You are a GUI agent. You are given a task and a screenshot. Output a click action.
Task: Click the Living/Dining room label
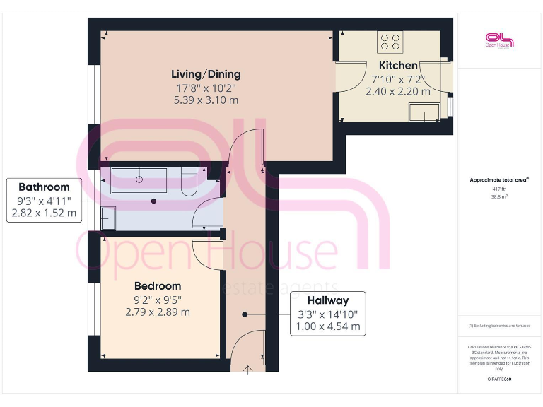(x=206, y=74)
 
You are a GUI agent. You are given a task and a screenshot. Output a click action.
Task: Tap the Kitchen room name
(x=398, y=66)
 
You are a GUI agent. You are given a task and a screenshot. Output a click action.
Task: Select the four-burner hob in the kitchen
(x=390, y=42)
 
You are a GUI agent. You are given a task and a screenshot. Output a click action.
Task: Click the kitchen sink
(x=425, y=111)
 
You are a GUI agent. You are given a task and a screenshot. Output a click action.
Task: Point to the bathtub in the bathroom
(x=139, y=180)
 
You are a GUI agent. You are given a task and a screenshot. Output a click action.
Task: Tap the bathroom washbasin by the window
(x=108, y=218)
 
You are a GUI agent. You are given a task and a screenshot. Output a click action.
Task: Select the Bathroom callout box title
(x=44, y=187)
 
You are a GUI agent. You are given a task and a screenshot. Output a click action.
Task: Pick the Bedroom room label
(x=158, y=286)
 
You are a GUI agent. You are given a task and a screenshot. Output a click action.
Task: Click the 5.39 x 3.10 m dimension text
(x=206, y=100)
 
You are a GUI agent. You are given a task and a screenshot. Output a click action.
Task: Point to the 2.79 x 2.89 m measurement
(x=158, y=312)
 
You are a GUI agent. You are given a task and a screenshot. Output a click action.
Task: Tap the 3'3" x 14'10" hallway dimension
(x=328, y=314)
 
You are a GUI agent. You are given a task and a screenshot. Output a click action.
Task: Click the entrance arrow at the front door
(x=248, y=370)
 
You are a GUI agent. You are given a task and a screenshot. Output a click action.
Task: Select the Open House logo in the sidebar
(x=498, y=40)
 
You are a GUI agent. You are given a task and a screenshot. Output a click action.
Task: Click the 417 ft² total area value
(x=498, y=189)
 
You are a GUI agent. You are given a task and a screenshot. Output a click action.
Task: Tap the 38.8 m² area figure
(x=498, y=198)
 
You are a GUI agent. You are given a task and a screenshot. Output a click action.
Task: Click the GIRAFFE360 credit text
(x=498, y=379)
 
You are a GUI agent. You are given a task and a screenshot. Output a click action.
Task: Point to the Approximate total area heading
(x=498, y=180)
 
